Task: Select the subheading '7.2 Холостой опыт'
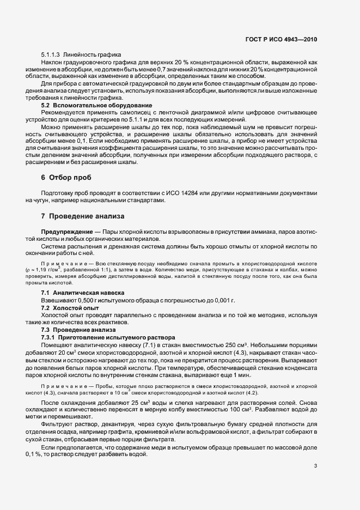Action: pos(71,307)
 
